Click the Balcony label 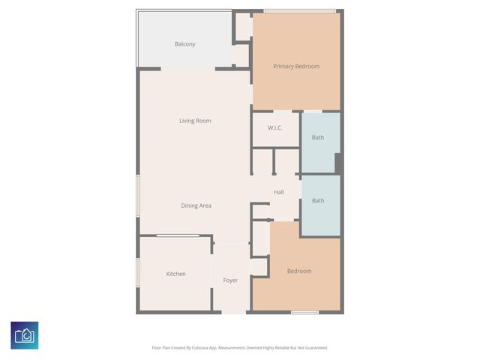pyautogui.click(x=184, y=44)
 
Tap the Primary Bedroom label pyautogui.click(x=295, y=67)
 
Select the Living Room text pyautogui.click(x=194, y=121)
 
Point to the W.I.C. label pyautogui.click(x=274, y=128)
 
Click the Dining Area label pyautogui.click(x=195, y=205)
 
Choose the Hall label pyautogui.click(x=278, y=193)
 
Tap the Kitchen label pyautogui.click(x=175, y=274)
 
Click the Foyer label pyautogui.click(x=230, y=280)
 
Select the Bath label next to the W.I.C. pyautogui.click(x=318, y=138)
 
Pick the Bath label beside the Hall pyautogui.click(x=318, y=201)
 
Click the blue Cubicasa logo pyautogui.click(x=25, y=334)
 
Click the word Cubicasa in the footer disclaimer pyautogui.click(x=199, y=348)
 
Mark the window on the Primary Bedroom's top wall pyautogui.click(x=299, y=10)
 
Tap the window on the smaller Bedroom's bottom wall pyautogui.click(x=304, y=312)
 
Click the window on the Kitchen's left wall pyautogui.click(x=137, y=273)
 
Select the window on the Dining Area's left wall pyautogui.click(x=137, y=198)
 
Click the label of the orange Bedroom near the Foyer pyautogui.click(x=298, y=271)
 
